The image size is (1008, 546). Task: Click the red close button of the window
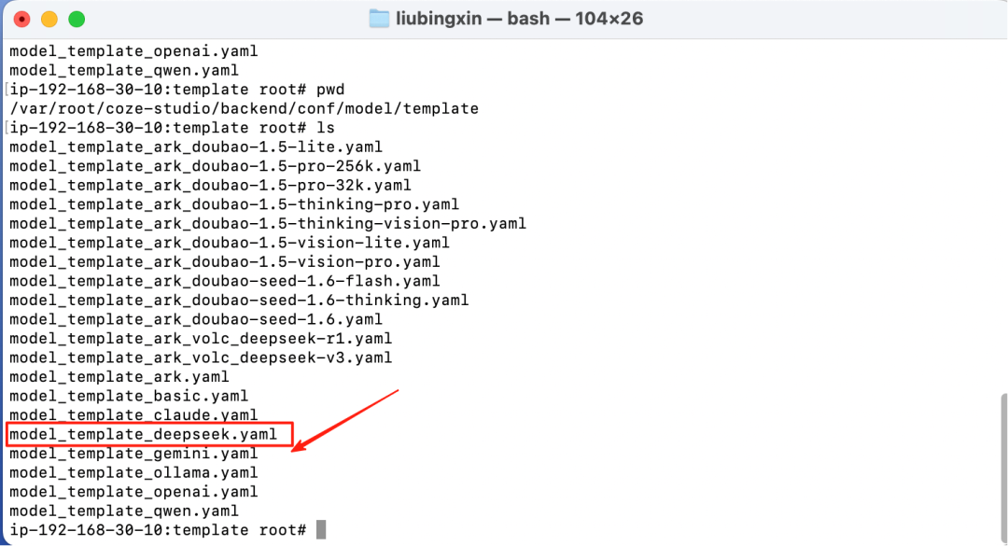[21, 19]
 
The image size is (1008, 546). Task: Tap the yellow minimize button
[49, 19]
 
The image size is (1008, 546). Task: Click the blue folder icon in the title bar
[379, 19]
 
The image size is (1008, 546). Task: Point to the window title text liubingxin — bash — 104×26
[519, 19]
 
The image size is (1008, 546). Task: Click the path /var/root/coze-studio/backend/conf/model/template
[244, 109]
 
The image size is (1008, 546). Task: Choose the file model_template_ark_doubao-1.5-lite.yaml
[196, 147]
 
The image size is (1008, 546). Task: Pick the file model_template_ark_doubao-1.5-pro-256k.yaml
[215, 166]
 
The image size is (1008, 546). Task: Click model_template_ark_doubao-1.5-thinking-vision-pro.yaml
[268, 224]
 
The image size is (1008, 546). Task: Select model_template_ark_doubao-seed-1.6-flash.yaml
[225, 281]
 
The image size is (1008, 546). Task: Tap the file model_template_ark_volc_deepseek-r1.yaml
[201, 339]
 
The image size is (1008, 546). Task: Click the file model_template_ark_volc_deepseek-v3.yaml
[201, 357]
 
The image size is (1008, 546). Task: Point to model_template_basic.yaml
[129, 396]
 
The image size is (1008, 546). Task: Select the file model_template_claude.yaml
[133, 415]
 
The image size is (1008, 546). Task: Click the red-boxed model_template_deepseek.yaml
[143, 435]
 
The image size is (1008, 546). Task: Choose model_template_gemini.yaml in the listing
[133, 454]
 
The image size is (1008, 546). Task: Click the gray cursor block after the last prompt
[321, 530]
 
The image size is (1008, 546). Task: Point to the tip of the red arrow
[294, 451]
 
